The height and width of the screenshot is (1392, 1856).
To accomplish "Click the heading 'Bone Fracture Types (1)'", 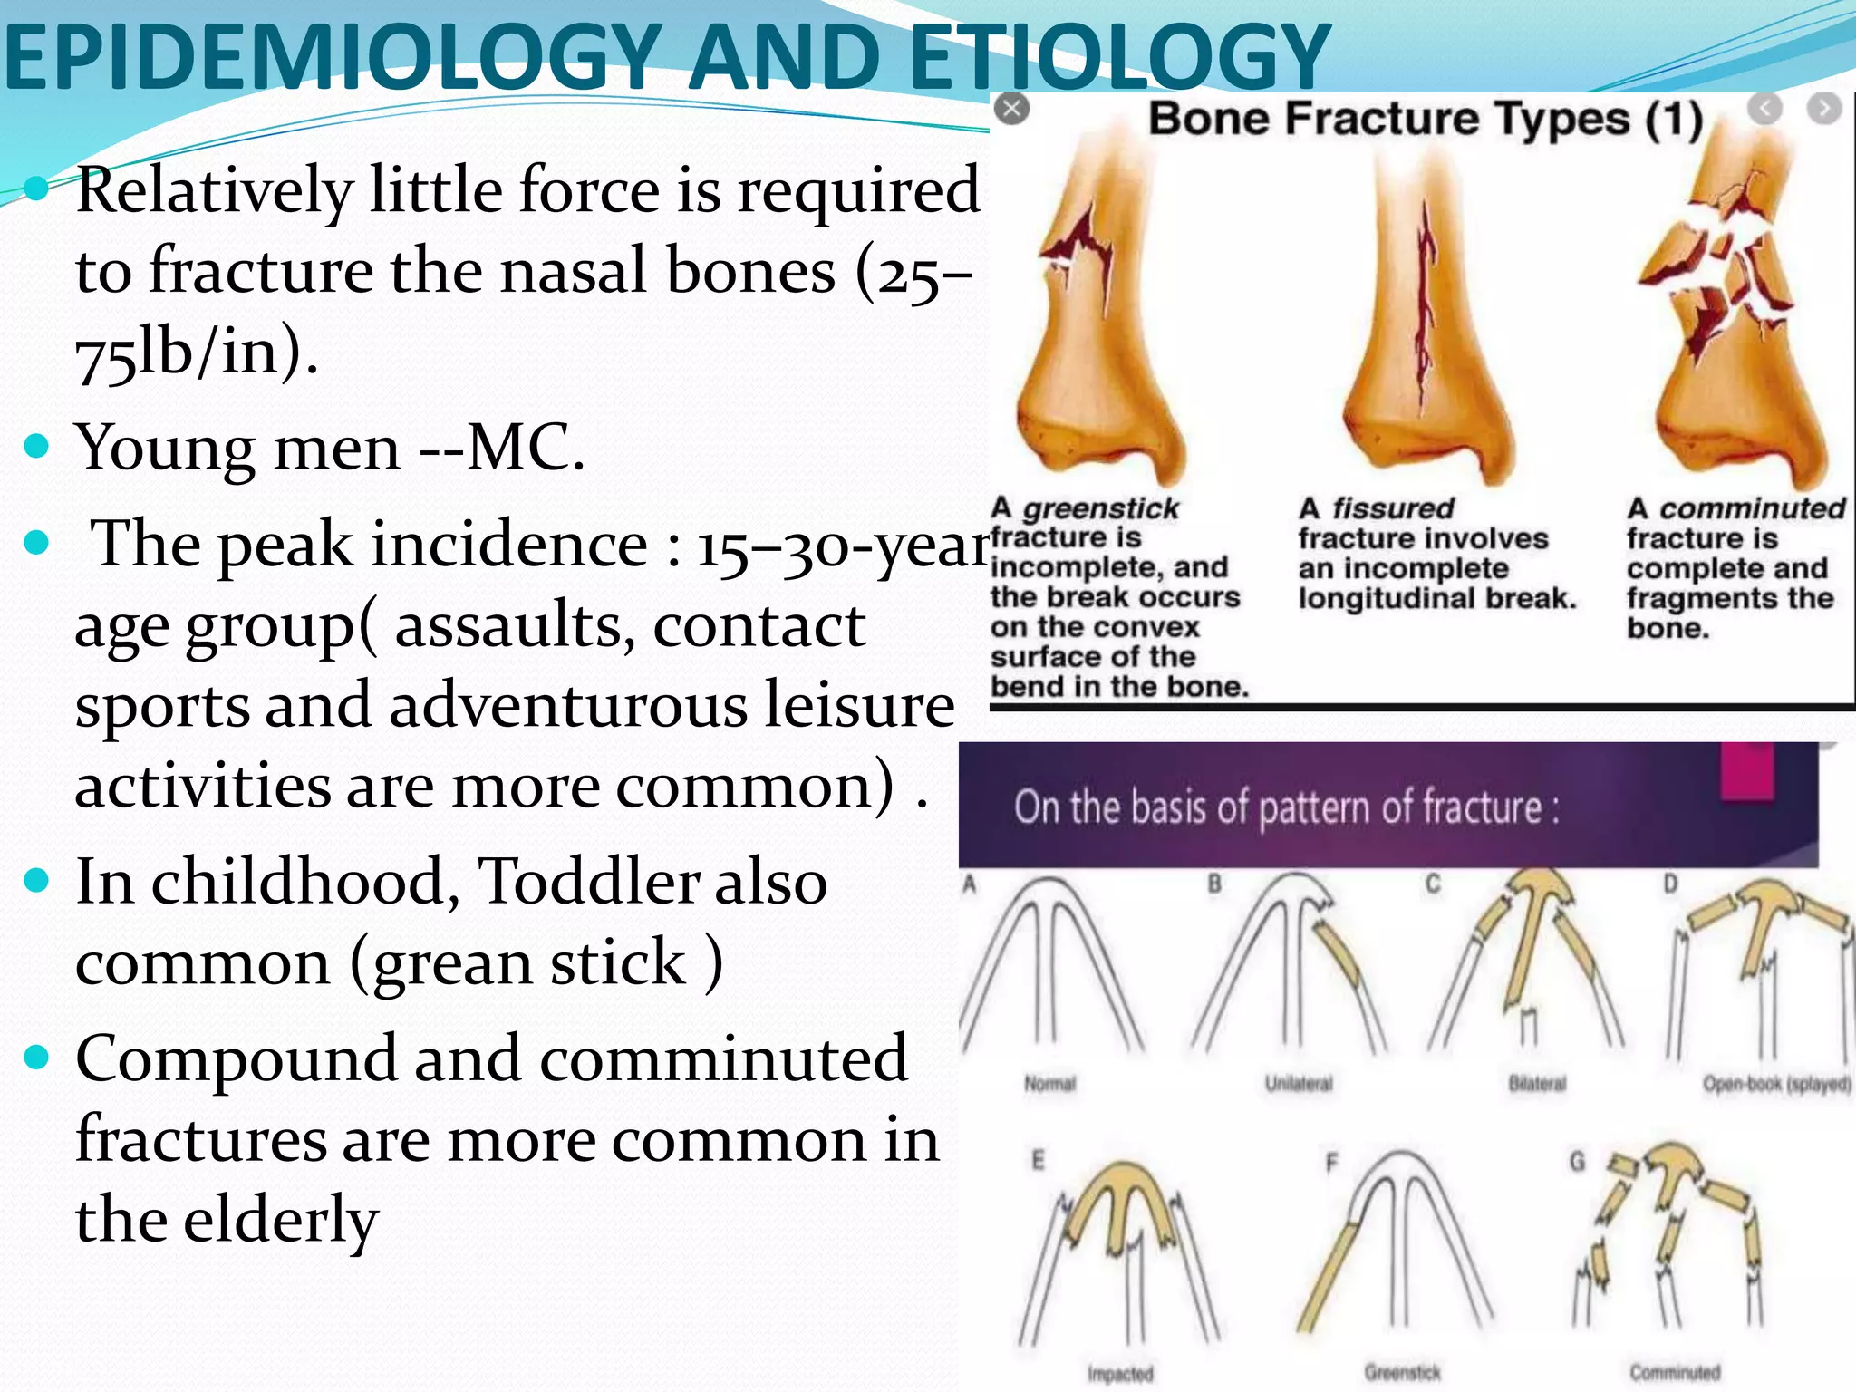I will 1426,119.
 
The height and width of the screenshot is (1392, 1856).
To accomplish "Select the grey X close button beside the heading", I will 1011,110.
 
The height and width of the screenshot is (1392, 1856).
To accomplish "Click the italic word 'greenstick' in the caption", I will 1101,508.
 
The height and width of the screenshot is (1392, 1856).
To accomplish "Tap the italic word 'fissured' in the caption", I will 1393,508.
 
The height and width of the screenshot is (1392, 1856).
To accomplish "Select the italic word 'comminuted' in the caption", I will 1752,508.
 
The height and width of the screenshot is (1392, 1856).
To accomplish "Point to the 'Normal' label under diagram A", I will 1049,1084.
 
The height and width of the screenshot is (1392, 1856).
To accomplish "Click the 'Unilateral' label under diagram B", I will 1299,1084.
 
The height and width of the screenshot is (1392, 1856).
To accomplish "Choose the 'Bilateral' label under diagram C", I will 1537,1084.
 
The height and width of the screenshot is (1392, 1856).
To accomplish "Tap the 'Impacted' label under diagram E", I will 1120,1374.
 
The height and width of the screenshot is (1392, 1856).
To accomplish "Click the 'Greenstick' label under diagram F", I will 1403,1373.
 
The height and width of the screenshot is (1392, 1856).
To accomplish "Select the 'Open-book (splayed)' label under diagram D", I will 1776,1084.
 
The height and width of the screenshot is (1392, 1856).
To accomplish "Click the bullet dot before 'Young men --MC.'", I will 36,446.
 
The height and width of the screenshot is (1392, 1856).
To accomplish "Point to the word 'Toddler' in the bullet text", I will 588,881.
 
